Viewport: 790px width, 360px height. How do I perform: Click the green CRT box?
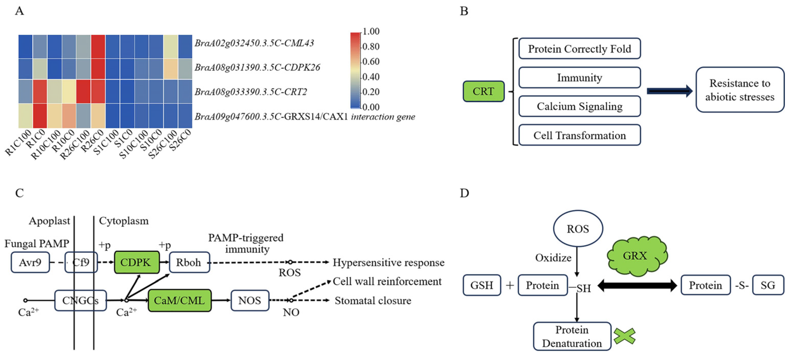[483, 91]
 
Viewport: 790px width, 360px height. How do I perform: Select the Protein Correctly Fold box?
[579, 48]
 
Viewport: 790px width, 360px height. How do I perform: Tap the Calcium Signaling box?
[579, 106]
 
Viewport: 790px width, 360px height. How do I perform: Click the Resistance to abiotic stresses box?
[740, 90]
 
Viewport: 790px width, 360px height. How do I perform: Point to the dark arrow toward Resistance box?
[669, 91]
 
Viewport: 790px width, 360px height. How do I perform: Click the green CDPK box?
[137, 262]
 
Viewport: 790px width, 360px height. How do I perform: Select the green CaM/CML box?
[180, 300]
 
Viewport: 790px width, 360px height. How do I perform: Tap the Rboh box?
[189, 262]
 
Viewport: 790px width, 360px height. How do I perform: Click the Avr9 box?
[30, 262]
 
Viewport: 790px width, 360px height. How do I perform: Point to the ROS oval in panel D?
[578, 229]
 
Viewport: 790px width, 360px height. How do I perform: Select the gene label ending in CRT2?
[251, 92]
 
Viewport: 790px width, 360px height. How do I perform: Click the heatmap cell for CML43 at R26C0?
[98, 47]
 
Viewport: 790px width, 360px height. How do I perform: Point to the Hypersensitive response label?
[388, 263]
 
